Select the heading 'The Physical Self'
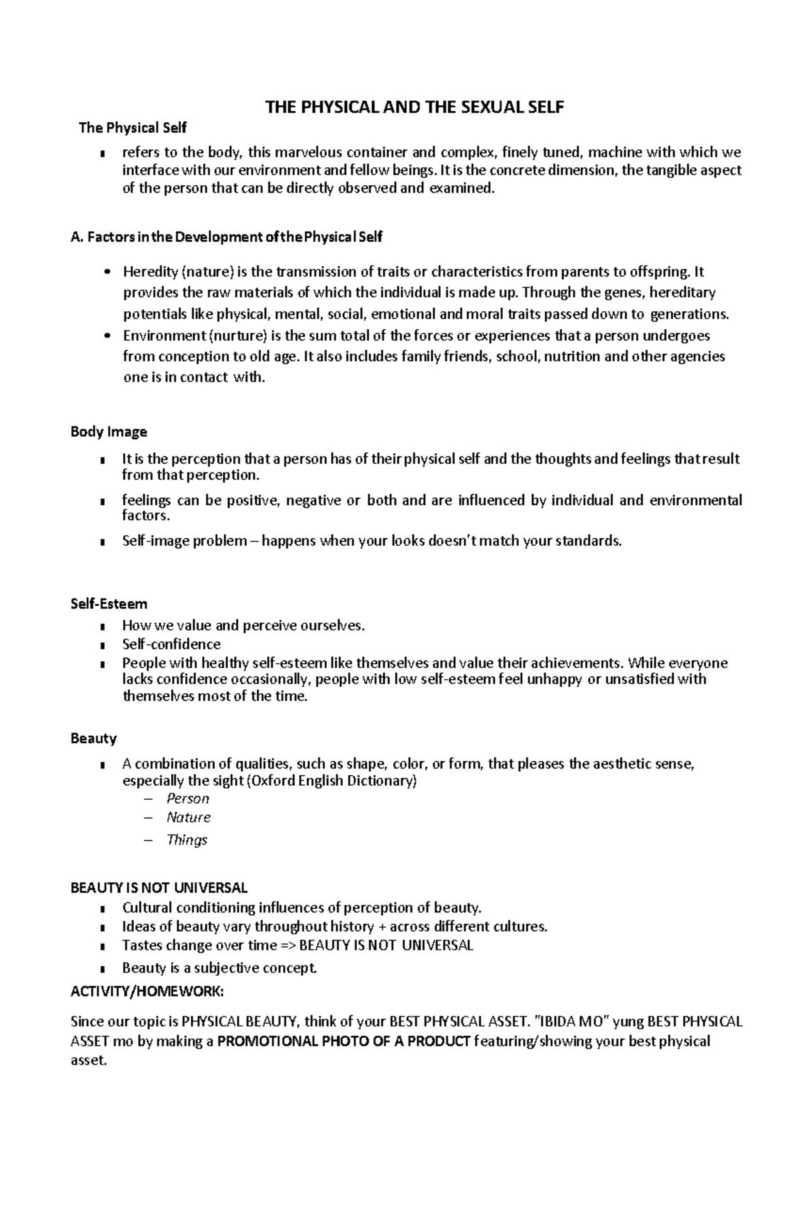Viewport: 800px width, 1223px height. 133,128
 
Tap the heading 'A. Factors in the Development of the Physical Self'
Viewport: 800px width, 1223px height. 227,237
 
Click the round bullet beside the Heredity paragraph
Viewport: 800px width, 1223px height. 107,272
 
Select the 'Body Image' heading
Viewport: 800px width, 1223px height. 109,432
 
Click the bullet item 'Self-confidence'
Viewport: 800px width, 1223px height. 171,644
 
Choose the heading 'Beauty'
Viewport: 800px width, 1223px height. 93,738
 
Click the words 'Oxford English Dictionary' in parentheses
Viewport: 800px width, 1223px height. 331,780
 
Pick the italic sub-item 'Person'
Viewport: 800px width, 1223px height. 188,798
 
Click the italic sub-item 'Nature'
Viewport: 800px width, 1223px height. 189,817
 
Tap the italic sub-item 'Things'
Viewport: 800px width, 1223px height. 187,840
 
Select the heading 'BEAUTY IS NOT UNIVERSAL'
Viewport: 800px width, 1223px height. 159,888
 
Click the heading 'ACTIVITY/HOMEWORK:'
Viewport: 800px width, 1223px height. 147,991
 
